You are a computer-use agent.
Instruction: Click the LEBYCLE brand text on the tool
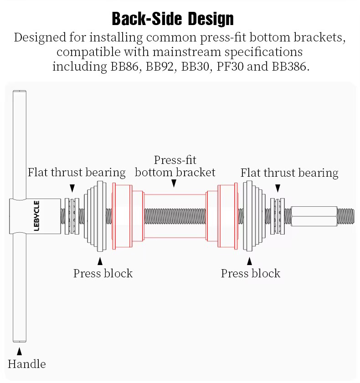pyautogui.click(x=36, y=216)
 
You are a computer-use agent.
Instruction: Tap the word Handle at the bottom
pyautogui.click(x=27, y=364)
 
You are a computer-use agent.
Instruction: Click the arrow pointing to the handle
pyautogui.click(x=19, y=352)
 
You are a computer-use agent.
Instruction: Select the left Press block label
pyautogui.click(x=103, y=273)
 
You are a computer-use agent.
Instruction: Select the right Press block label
pyautogui.click(x=251, y=273)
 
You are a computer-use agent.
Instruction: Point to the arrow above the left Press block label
pyautogui.click(x=100, y=261)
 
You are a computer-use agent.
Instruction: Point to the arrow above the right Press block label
pyautogui.click(x=249, y=261)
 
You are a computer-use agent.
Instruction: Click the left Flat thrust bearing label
pyautogui.click(x=77, y=172)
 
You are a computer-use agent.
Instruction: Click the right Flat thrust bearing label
pyautogui.click(x=289, y=173)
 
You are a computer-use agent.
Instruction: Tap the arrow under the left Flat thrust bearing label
pyautogui.click(x=72, y=188)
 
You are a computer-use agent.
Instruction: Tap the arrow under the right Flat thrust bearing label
pyautogui.click(x=278, y=188)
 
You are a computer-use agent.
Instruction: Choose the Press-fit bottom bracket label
pyautogui.click(x=175, y=166)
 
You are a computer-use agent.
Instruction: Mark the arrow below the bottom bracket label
pyautogui.click(x=174, y=183)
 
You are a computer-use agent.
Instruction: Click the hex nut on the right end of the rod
pyautogui.click(x=314, y=216)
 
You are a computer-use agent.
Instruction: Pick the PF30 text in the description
pyautogui.click(x=230, y=66)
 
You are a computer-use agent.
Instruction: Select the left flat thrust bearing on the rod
pyautogui.click(x=72, y=216)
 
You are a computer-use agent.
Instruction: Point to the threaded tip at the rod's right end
pyautogui.click(x=346, y=216)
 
